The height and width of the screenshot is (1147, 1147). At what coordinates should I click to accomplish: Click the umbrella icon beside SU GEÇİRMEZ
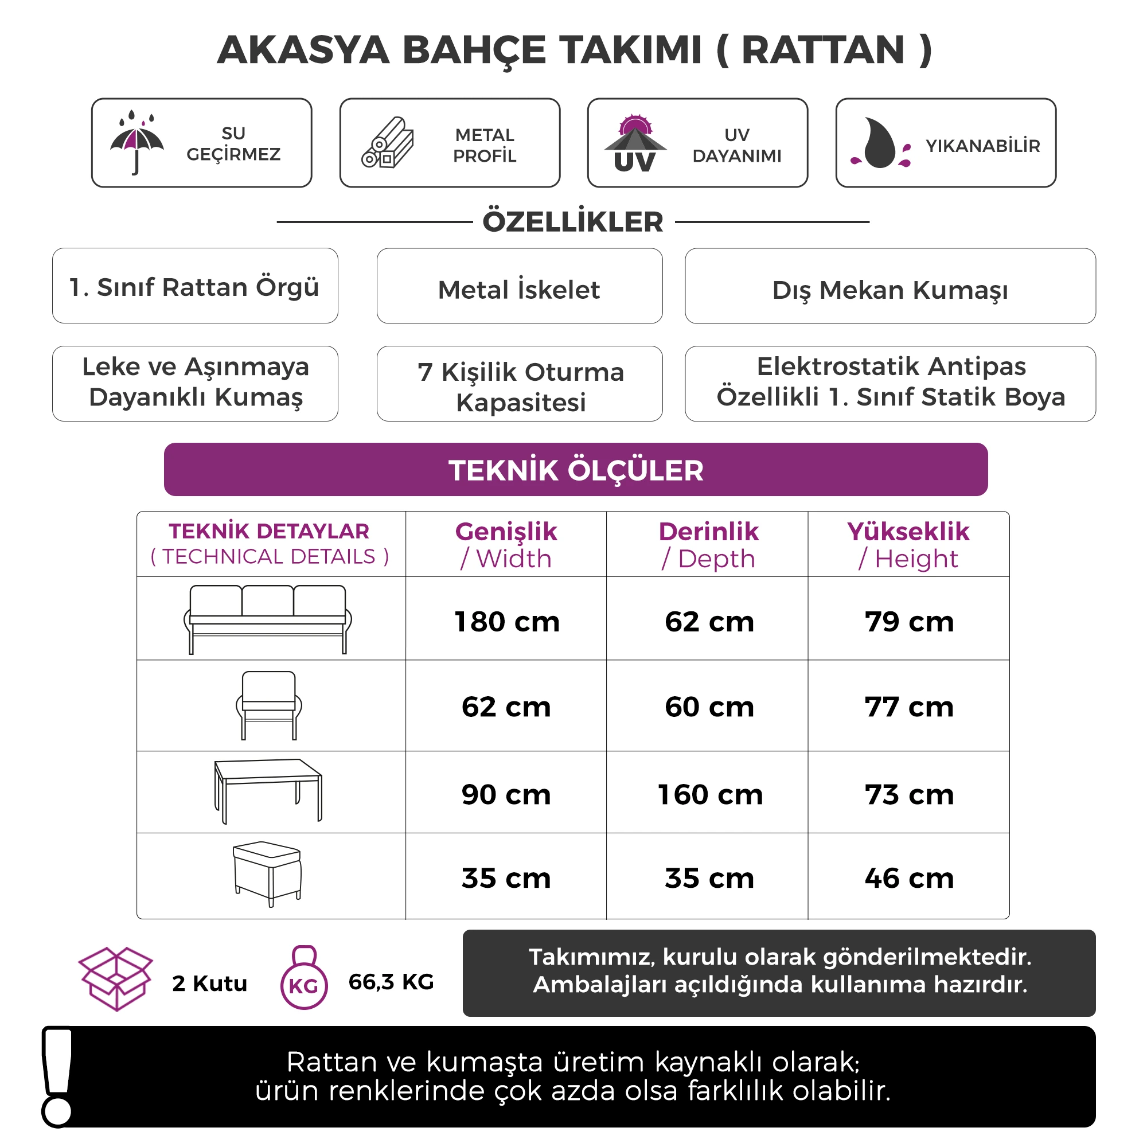(136, 142)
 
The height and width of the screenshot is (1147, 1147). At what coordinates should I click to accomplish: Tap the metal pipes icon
(388, 142)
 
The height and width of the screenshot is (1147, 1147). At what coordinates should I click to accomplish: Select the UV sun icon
(635, 142)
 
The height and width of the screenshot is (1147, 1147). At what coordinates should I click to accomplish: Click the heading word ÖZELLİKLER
(572, 222)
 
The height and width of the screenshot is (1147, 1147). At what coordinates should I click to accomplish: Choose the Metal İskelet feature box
(520, 286)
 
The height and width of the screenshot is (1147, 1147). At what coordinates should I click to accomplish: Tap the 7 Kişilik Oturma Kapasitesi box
(520, 384)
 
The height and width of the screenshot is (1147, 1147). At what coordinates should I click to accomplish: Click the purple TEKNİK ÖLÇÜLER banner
(575, 470)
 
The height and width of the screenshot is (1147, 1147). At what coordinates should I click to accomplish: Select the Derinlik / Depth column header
(708, 544)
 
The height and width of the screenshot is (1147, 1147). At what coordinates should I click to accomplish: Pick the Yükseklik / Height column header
(908, 544)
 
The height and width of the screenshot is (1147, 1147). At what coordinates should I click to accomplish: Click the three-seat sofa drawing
(268, 619)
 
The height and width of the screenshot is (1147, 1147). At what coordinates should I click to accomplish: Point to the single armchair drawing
(268, 705)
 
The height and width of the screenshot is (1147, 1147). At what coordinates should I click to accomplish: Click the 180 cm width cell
(506, 622)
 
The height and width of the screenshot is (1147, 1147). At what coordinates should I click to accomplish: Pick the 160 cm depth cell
(709, 794)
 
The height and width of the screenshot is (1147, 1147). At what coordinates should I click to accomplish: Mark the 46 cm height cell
(909, 878)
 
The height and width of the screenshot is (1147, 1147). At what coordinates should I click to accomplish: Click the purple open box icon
(116, 979)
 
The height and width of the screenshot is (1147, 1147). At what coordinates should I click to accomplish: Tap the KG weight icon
(303, 979)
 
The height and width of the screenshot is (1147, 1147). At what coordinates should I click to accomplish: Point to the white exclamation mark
(57, 1076)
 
